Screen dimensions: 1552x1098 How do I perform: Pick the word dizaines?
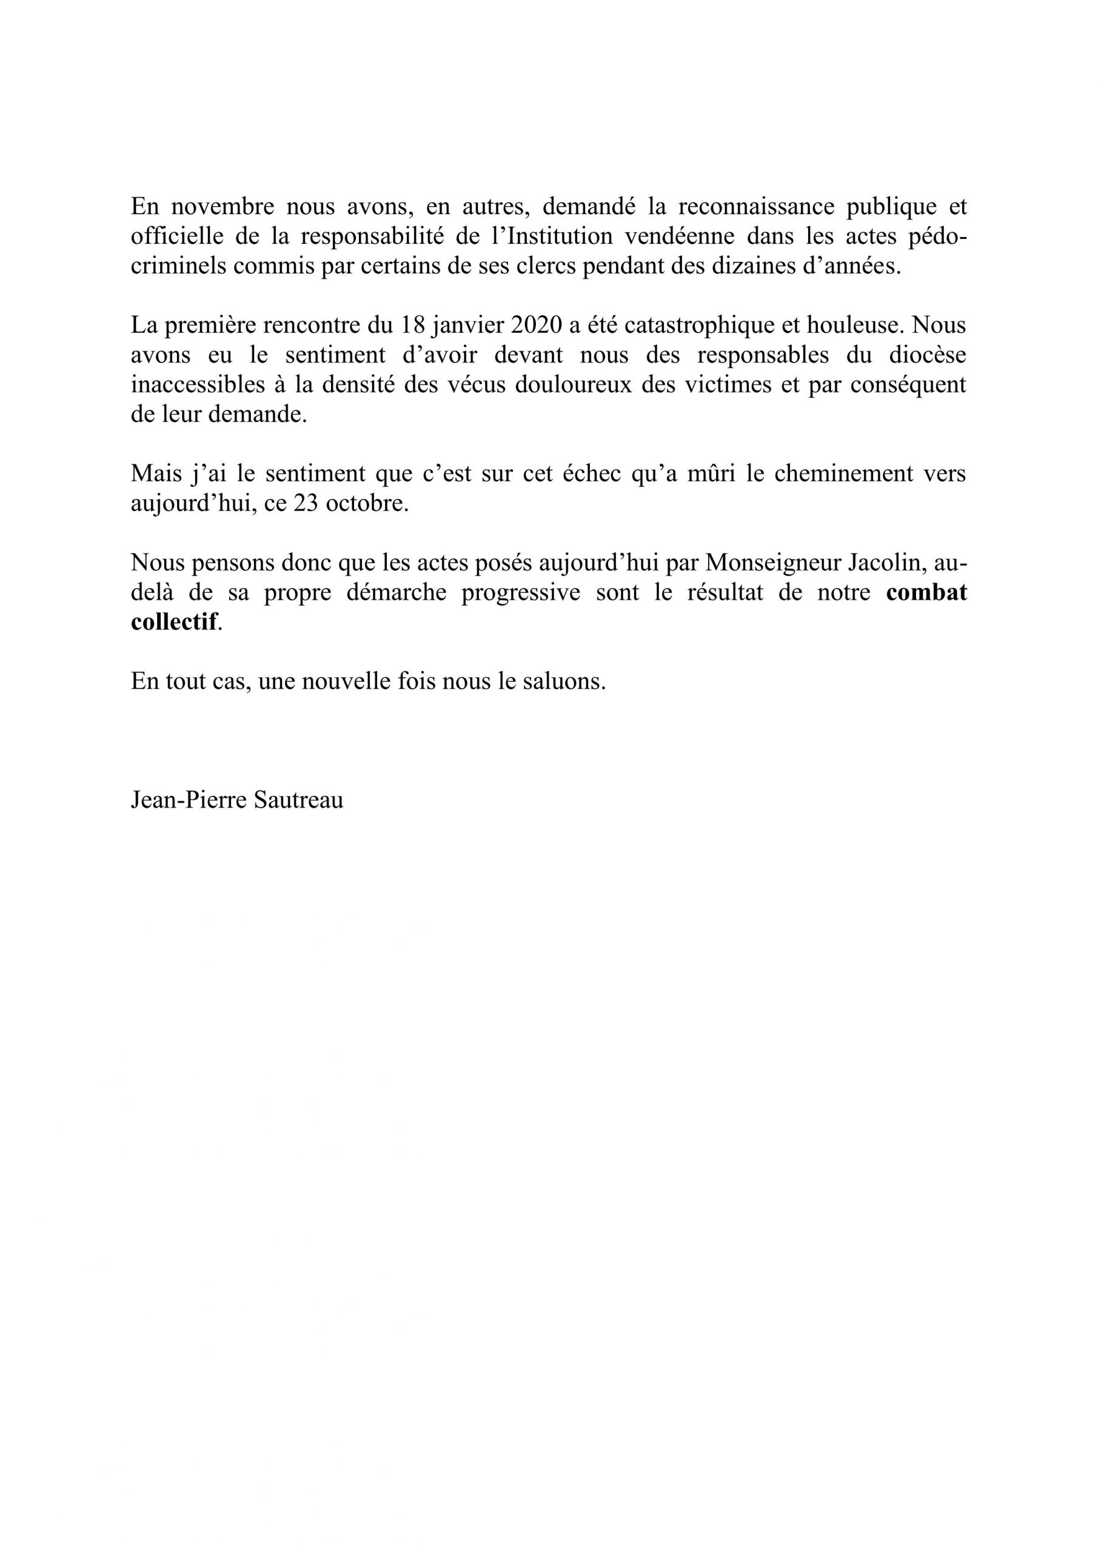pos(738,266)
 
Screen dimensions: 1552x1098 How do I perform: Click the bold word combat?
pos(926,593)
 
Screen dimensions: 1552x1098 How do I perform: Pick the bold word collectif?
pos(175,623)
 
